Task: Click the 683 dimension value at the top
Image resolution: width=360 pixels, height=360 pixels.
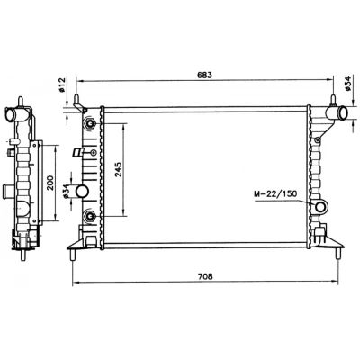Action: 204,75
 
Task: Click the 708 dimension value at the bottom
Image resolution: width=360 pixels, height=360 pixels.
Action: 205,276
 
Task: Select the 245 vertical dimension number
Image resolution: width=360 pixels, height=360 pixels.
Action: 118,169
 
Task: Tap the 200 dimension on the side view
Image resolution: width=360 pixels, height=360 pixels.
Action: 50,183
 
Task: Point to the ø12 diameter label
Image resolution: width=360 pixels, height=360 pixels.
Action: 62,85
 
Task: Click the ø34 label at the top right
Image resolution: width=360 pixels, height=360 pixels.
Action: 347,84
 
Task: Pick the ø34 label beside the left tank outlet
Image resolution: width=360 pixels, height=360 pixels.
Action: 67,191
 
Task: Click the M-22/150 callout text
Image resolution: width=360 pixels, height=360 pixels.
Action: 275,194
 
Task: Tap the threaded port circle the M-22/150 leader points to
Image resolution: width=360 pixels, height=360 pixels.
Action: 320,207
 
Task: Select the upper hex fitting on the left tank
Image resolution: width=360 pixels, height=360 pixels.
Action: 90,123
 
